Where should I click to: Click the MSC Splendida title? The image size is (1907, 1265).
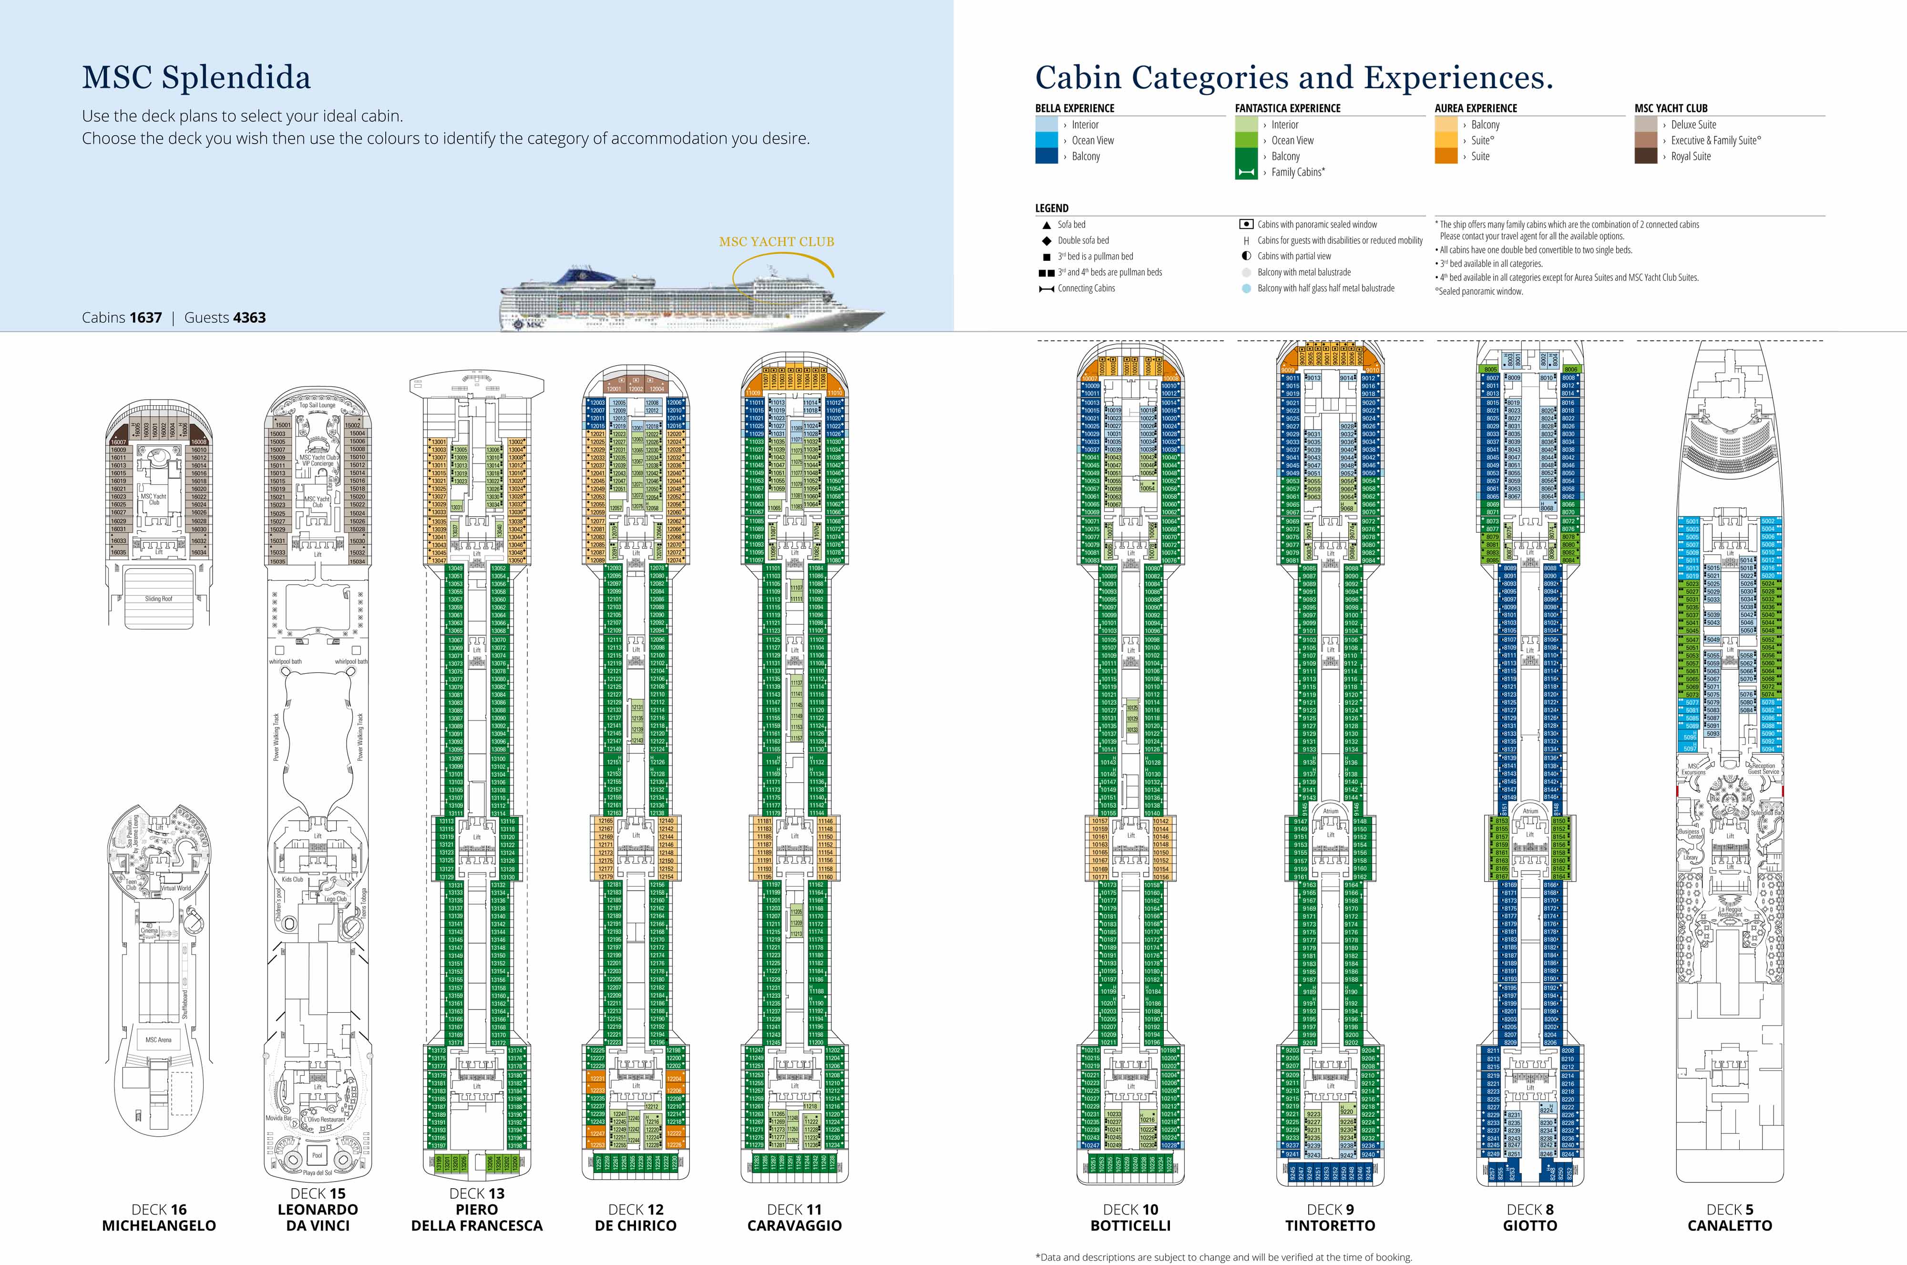(x=196, y=77)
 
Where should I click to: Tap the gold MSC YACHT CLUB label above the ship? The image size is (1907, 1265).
(x=776, y=241)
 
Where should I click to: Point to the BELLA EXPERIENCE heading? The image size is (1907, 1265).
(x=1075, y=108)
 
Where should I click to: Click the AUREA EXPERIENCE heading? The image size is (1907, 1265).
(x=1476, y=108)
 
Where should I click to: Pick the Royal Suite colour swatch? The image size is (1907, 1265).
(x=1646, y=156)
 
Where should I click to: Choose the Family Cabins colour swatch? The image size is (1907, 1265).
(x=1246, y=172)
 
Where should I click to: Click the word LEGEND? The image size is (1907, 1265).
(x=1052, y=208)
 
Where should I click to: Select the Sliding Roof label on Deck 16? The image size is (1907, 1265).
(x=158, y=598)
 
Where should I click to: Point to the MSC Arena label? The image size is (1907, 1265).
(x=158, y=1040)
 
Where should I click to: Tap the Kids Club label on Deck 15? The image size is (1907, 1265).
(x=292, y=879)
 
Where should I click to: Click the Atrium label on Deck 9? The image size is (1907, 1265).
(x=1330, y=811)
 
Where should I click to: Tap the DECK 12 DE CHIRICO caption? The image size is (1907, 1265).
(x=636, y=1217)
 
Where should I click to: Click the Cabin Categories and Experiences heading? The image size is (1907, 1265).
(x=1294, y=77)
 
